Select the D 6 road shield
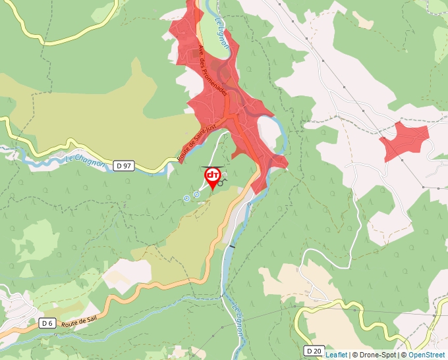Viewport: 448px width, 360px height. pos(46,323)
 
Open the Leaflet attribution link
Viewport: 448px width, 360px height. pos(336,355)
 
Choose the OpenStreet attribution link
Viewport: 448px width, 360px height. pos(427,355)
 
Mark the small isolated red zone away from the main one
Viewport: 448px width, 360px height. pos(406,140)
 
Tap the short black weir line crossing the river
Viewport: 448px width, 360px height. pos(231,245)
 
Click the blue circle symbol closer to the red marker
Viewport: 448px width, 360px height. pos(196,194)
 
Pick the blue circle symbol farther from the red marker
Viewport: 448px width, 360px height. pos(186,197)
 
